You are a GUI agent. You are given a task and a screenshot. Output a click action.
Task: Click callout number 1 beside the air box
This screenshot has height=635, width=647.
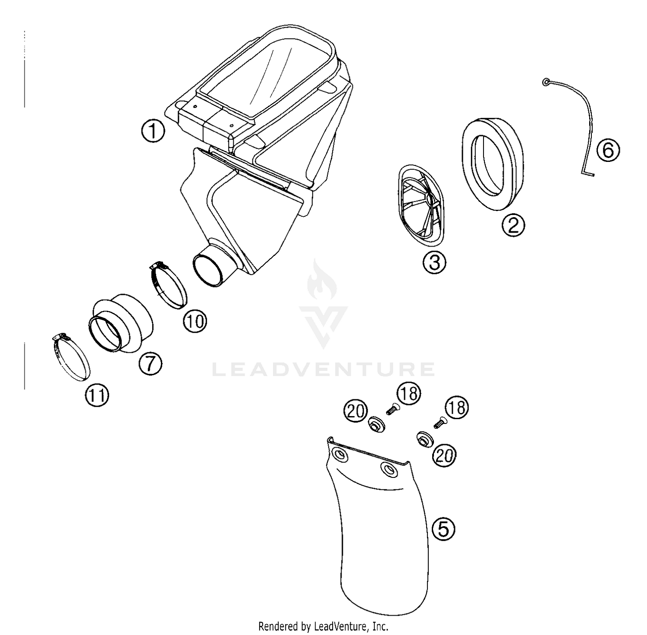[153, 132]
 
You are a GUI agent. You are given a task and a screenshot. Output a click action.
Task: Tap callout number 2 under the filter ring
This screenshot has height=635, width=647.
[513, 225]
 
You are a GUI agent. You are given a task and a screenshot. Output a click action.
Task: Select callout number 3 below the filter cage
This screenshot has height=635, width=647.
[434, 262]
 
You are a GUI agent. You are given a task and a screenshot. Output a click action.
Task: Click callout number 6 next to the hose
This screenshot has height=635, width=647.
[608, 151]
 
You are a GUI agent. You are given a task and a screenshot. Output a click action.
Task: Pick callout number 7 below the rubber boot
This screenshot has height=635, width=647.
[150, 363]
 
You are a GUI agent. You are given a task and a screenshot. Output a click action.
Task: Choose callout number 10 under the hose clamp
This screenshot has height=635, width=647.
[195, 321]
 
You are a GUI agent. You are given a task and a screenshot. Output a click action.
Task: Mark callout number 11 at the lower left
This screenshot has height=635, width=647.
[97, 395]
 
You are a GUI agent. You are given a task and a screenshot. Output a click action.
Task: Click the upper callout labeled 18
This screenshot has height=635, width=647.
[408, 393]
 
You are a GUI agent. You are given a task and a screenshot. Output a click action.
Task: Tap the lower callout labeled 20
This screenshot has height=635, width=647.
[444, 455]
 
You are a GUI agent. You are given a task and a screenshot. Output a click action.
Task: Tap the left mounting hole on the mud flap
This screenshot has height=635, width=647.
[339, 455]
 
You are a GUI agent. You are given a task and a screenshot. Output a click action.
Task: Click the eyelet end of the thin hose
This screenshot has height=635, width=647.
[546, 82]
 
